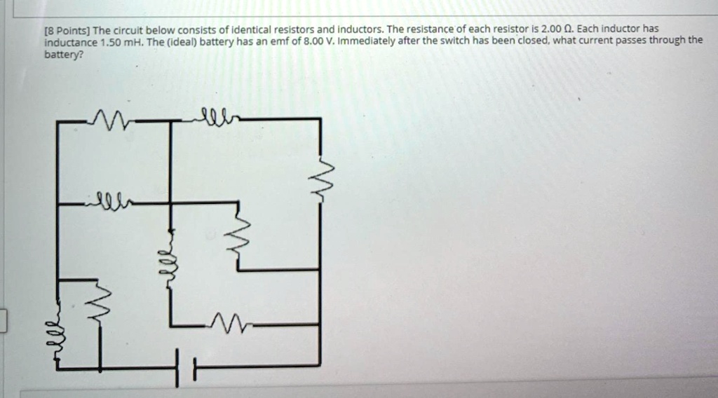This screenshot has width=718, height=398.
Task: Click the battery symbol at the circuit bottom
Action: [185, 366]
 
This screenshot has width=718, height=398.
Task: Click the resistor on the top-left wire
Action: [109, 121]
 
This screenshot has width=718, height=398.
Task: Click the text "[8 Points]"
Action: [67, 30]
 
